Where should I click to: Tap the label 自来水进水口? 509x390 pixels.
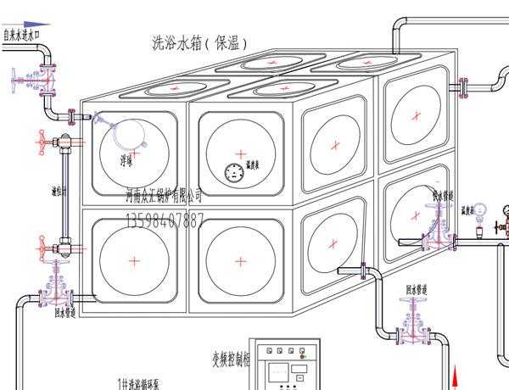tap(21, 36)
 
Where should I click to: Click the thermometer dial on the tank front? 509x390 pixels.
tap(233, 173)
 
